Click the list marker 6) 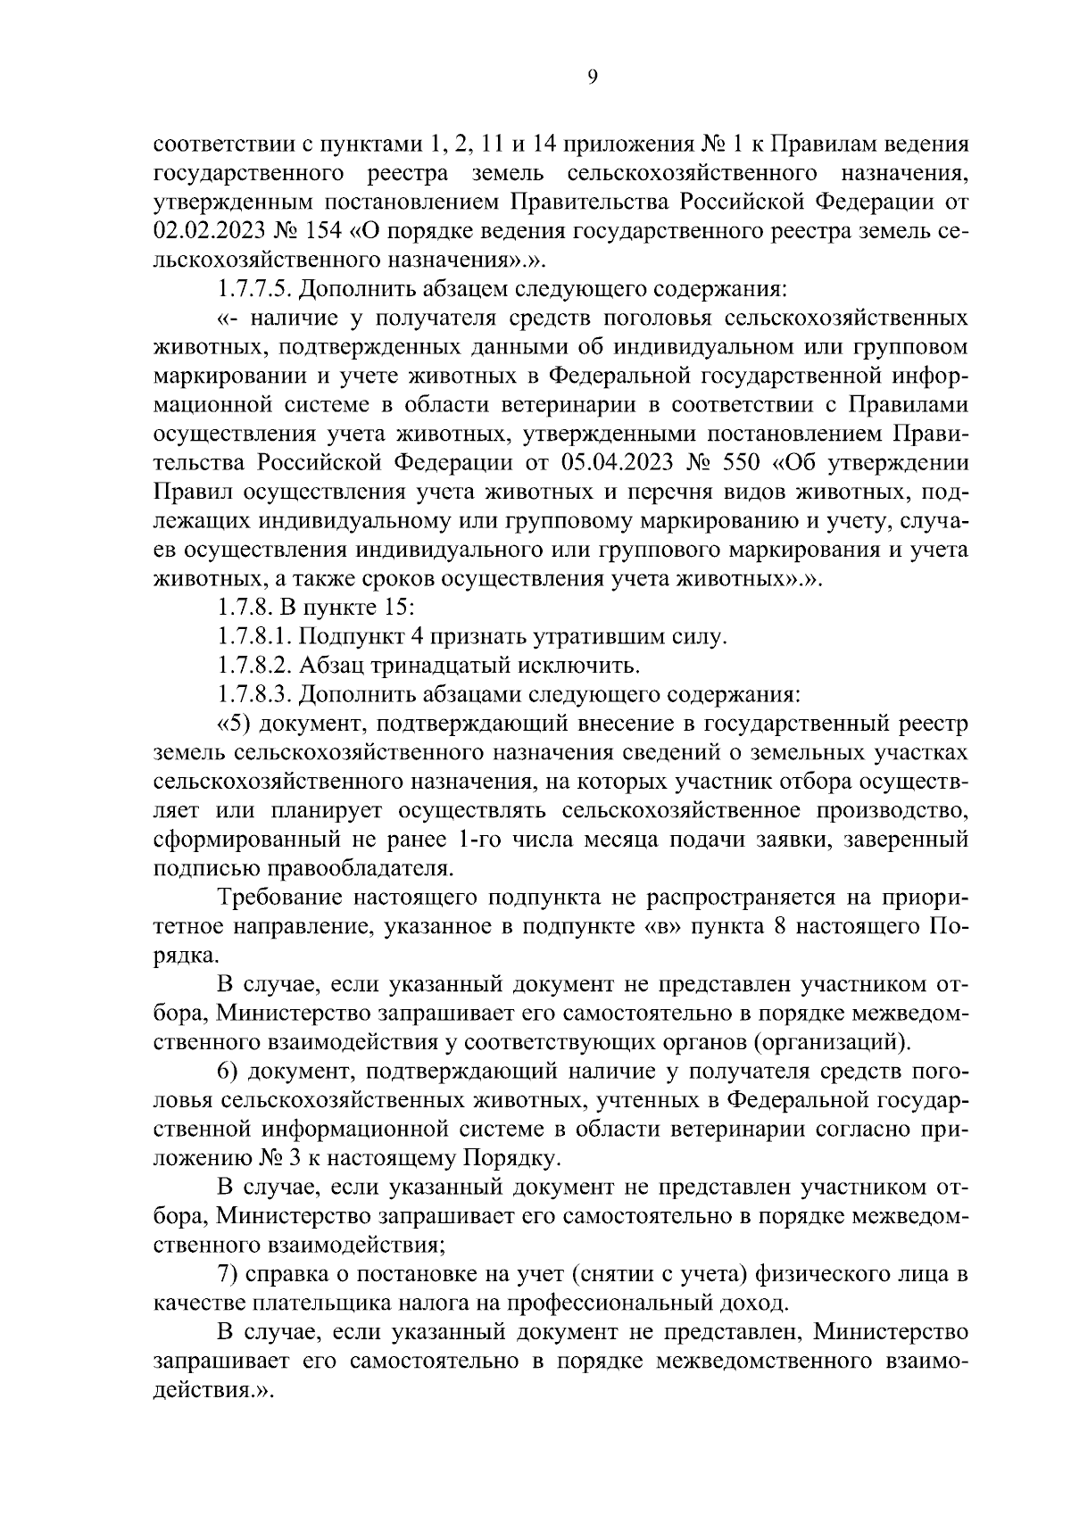228,1071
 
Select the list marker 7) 228,1273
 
